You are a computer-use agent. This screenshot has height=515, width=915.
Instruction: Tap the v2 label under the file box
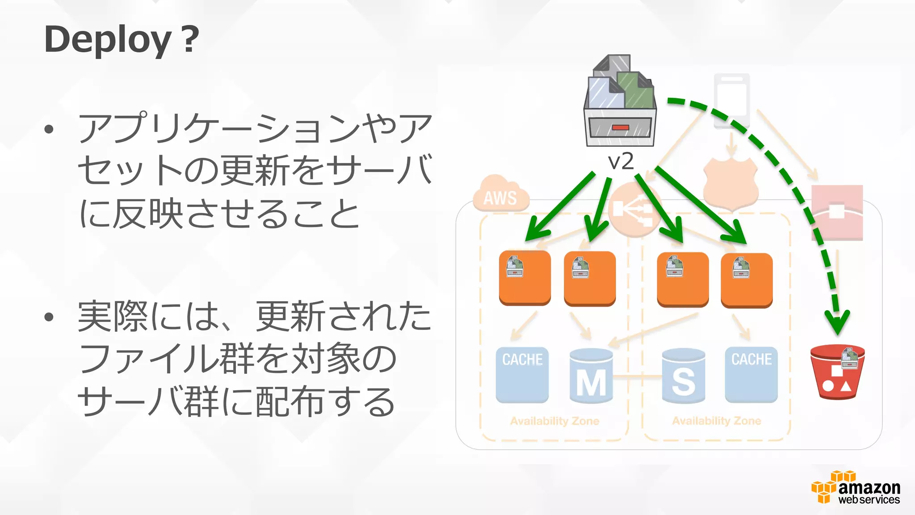click(621, 161)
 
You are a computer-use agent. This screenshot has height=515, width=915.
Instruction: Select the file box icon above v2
click(620, 101)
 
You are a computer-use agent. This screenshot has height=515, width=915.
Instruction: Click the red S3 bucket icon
click(837, 371)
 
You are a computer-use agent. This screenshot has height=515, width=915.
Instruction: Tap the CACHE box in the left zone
click(522, 374)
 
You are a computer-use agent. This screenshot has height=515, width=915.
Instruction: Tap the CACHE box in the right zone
click(751, 374)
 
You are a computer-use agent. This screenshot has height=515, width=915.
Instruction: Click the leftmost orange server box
click(525, 278)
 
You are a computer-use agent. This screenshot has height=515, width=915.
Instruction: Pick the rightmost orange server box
click(747, 280)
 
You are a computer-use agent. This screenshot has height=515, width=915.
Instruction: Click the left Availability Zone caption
click(554, 421)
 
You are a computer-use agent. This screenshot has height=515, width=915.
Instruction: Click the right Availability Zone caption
click(716, 421)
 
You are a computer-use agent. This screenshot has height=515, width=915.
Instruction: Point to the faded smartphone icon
click(731, 101)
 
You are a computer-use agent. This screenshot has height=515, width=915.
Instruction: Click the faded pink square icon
click(837, 212)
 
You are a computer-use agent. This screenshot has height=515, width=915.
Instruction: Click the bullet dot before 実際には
click(49, 317)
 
